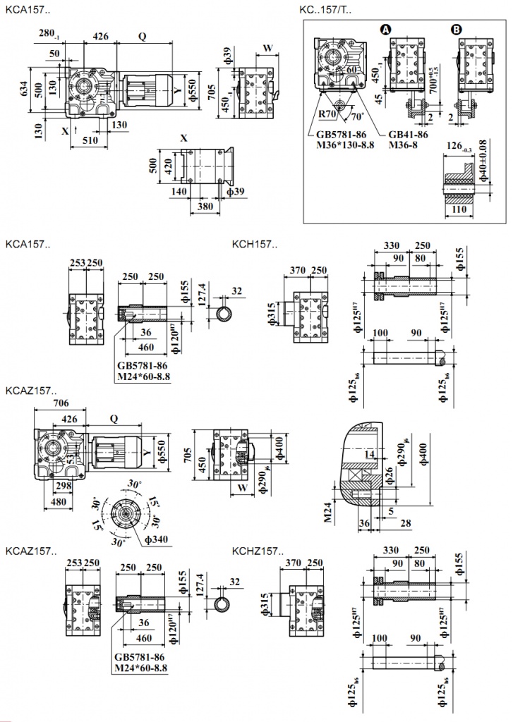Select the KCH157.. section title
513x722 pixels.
[x=255, y=245]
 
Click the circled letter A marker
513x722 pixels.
[x=385, y=30]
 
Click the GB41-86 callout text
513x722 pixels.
[x=408, y=133]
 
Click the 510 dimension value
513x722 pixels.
[x=90, y=140]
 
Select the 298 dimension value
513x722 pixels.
[x=63, y=487]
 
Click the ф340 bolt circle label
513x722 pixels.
[x=157, y=540]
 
